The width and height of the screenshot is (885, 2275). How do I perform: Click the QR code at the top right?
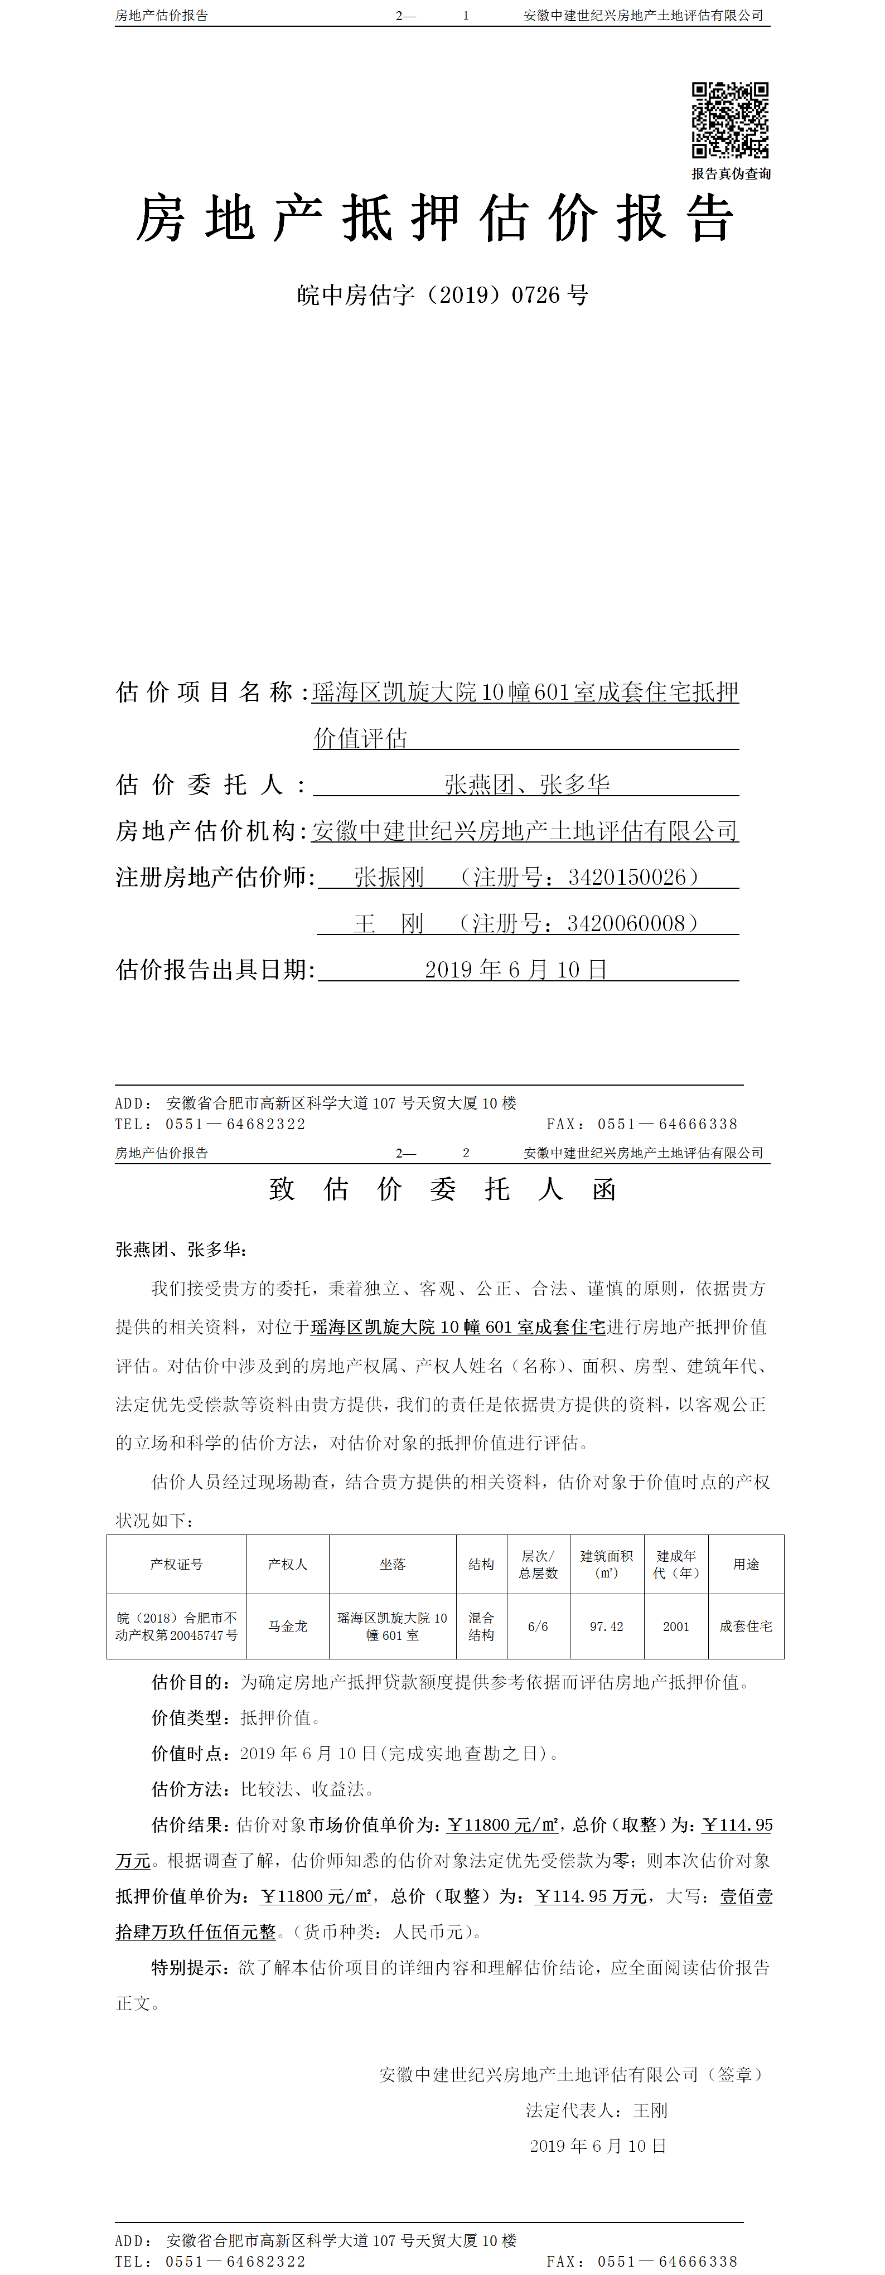coord(729,120)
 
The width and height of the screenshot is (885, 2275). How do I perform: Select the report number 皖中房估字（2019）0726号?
coord(443,295)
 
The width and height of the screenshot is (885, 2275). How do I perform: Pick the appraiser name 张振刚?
coord(389,877)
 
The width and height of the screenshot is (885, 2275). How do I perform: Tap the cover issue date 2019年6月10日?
coord(516,970)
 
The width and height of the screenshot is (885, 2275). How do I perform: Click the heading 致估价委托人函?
coord(443,1189)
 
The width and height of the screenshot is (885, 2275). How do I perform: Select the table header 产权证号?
coord(177,1564)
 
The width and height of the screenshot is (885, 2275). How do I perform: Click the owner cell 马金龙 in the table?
coord(288,1626)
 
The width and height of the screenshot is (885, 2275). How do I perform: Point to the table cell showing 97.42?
coord(607,1626)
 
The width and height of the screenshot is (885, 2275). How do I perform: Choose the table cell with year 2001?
coord(676,1626)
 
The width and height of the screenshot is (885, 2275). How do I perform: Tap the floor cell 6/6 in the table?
coord(538,1626)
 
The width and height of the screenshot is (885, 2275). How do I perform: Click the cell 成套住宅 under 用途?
coord(746,1626)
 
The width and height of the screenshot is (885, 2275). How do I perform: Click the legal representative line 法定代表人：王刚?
coord(597,2110)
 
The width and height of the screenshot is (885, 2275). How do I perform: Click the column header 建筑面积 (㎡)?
coord(607,1564)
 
